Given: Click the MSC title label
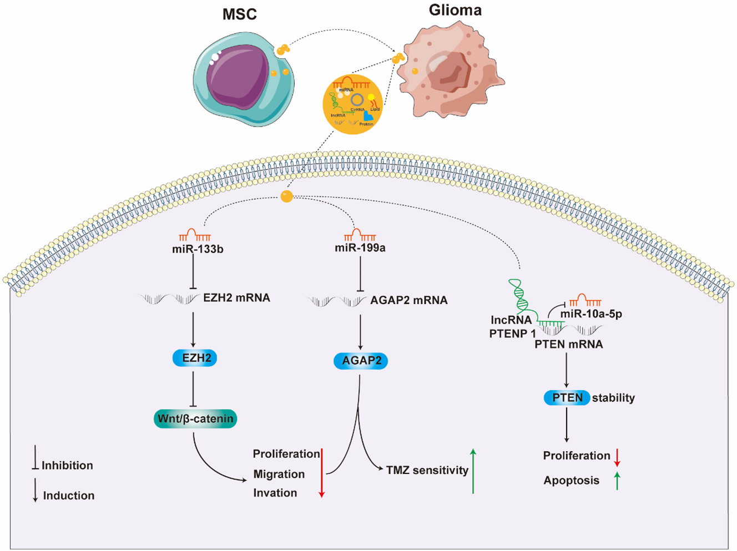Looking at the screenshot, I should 239,14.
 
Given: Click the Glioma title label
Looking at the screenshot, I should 455,10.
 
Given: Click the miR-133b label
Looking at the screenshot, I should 198,249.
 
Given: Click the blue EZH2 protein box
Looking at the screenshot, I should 195,358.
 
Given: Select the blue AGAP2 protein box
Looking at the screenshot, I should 361,361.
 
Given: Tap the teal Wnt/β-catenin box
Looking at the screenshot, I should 195,418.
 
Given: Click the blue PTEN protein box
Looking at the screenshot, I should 567,397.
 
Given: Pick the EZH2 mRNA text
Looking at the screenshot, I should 236,298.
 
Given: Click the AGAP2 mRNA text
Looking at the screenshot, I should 408,300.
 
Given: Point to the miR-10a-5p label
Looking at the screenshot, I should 591,314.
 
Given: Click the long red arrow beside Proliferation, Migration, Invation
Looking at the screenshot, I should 321,472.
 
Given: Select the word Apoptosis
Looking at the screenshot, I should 571,481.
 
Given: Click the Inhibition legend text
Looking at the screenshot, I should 67,466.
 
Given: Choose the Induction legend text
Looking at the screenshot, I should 69,496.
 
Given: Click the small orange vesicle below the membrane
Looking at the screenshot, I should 286,196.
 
